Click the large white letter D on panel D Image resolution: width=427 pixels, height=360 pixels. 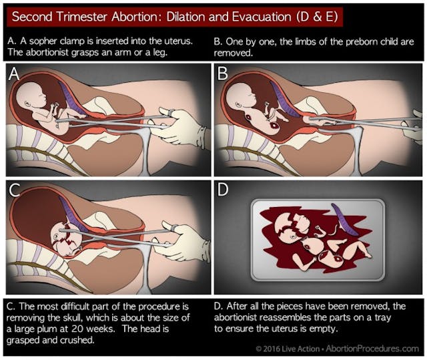click(x=224, y=191)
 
